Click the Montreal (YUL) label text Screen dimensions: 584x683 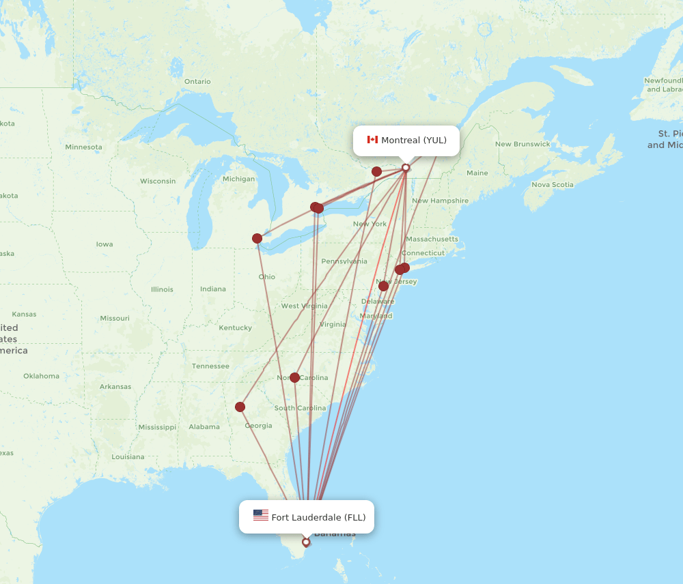click(414, 141)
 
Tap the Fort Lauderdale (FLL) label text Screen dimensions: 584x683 click(318, 517)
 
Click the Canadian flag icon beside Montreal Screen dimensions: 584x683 click(372, 140)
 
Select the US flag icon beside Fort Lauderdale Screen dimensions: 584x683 click(260, 516)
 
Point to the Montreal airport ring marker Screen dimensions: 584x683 click(406, 168)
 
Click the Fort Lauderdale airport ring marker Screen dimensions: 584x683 click(306, 542)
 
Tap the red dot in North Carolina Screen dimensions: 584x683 click(294, 377)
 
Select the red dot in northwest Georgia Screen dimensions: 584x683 click(240, 407)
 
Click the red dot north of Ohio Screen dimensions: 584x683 click(257, 238)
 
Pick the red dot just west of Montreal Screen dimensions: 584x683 click(376, 171)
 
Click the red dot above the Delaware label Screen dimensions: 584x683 click(383, 286)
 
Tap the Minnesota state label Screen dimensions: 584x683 click(83, 147)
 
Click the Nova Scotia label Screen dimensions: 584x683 click(553, 185)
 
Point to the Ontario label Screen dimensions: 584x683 click(197, 82)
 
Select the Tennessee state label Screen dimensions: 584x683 click(210, 366)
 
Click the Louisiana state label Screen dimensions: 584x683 click(128, 457)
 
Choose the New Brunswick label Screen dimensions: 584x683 click(522, 145)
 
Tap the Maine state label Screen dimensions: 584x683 click(477, 173)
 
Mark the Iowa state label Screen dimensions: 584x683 click(104, 244)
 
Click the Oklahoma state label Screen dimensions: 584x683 click(41, 376)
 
